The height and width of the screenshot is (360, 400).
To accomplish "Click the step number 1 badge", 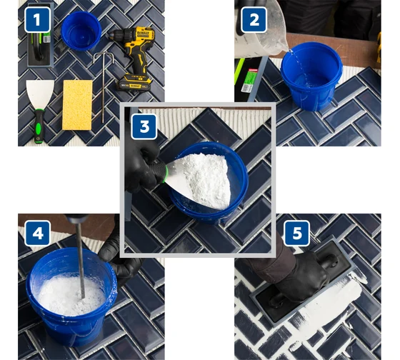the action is tap(37, 20).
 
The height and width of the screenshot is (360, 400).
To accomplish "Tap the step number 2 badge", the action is tap(254, 20).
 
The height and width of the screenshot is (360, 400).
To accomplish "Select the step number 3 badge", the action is tap(144, 126).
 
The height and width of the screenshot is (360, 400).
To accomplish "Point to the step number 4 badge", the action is tap(37, 233).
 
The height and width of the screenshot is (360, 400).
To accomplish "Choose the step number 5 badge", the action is tap(297, 233).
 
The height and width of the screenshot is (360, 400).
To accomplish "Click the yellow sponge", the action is tap(77, 105).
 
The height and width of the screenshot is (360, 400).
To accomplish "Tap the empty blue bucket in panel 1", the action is tap(81, 30).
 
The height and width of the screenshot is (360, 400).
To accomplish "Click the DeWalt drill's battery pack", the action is tap(134, 82).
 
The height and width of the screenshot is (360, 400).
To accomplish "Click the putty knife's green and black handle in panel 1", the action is tap(39, 126).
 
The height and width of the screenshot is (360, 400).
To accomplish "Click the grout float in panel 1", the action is tap(40, 36).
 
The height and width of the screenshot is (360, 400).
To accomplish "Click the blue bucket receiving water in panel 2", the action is tap(311, 76).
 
